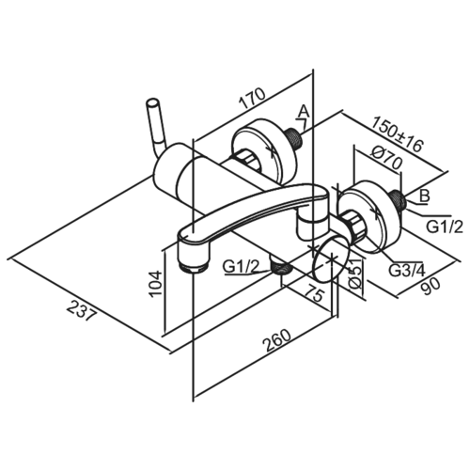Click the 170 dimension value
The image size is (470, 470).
coord(253,99)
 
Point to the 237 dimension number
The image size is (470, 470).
coord(81,310)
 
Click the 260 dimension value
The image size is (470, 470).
coord(276,340)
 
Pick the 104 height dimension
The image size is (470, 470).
coord(155,283)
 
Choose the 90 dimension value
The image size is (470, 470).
coord(431,286)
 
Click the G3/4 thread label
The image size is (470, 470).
coord(407,271)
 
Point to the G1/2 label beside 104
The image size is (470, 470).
coord(242,267)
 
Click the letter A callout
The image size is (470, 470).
coord(304,111)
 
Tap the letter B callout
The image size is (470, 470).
coord(425,197)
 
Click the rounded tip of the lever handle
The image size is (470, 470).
coord(153,103)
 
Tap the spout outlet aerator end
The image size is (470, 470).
coord(192,268)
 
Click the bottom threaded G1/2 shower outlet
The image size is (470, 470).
coord(281,267)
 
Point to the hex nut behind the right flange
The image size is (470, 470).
coord(352,223)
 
